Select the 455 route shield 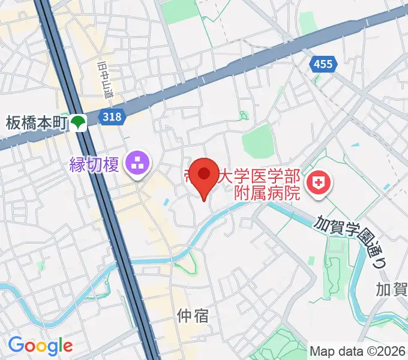pyautogui.click(x=322, y=64)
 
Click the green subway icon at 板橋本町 pyautogui.click(x=79, y=123)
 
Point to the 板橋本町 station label pyautogui.click(x=35, y=123)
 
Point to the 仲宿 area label pyautogui.click(x=193, y=315)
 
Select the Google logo pyautogui.click(x=40, y=346)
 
